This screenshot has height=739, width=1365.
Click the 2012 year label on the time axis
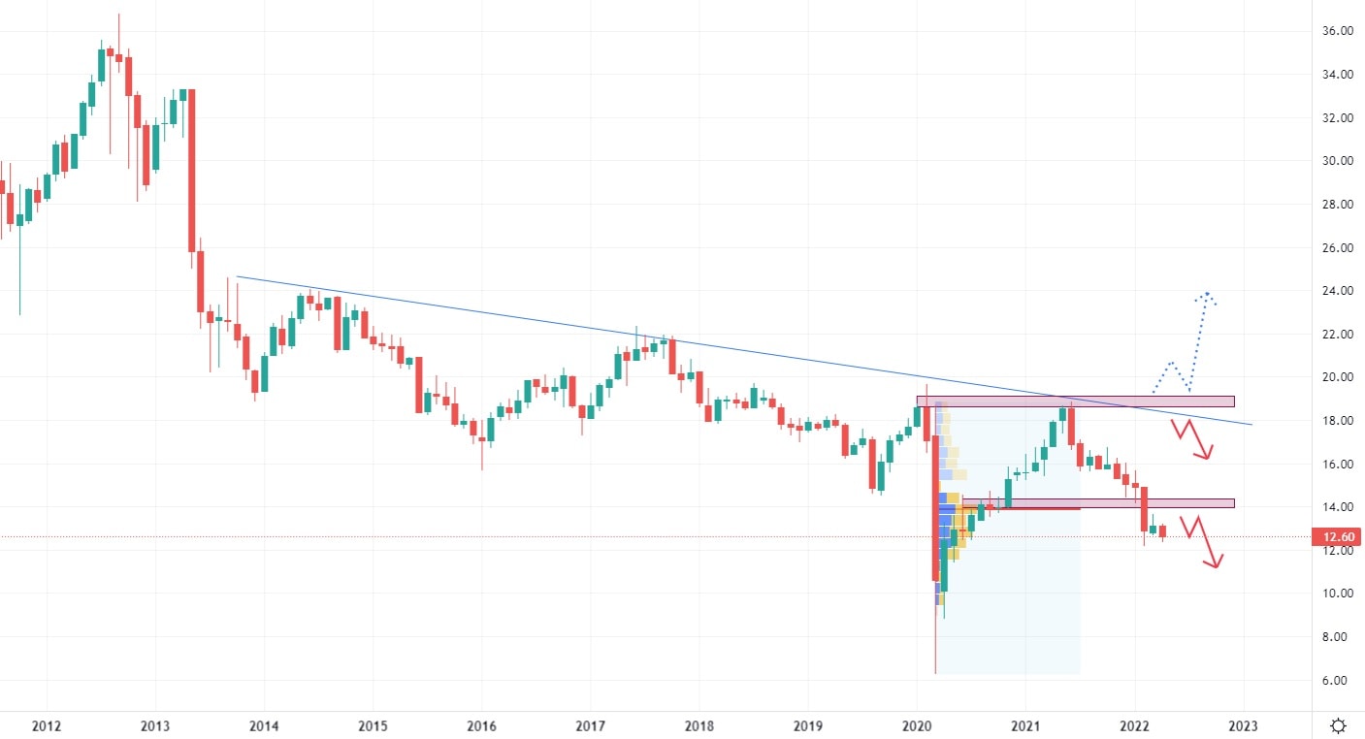coord(47,725)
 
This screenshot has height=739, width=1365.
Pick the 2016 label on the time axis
coord(481,725)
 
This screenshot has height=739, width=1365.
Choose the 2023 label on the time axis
coord(1244,725)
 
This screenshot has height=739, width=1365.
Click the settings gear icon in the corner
coord(1338,725)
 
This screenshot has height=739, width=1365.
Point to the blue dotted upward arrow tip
coord(1206,293)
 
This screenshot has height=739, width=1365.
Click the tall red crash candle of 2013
coord(192,170)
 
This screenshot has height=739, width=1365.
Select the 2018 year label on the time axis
coord(699,725)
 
